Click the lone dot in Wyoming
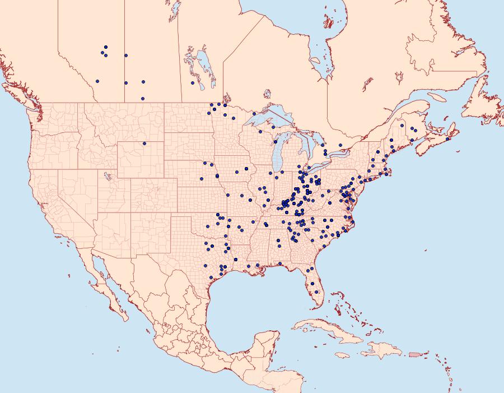144,143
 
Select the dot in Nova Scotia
449,138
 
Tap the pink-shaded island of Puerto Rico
415,354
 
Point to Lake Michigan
278,151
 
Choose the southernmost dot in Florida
317,292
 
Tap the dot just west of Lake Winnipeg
193,83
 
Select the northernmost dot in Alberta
106,47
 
